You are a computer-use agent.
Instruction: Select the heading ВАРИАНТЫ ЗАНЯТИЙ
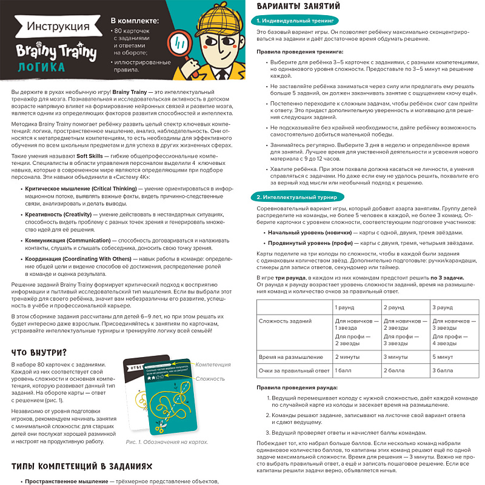click(298, 7)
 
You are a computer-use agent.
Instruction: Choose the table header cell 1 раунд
click(345, 307)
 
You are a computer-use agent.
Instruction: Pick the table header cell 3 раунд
click(442, 307)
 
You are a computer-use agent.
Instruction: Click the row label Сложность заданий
click(281, 321)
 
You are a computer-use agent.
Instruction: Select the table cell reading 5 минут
click(443, 356)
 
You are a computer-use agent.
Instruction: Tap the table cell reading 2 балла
click(394, 370)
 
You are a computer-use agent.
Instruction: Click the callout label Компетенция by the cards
click(213, 364)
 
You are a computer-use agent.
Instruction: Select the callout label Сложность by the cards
click(210, 378)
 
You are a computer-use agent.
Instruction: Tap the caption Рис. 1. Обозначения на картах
click(167, 442)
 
